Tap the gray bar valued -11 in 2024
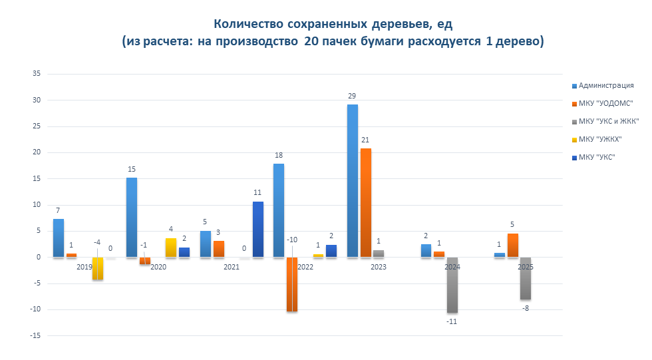pos(452,285)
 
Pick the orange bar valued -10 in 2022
pos(292,284)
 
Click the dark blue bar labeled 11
pos(258,229)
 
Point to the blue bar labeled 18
pos(279,210)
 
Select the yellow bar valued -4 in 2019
pos(98,268)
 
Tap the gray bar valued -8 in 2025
pos(526,278)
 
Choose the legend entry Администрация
pos(605,85)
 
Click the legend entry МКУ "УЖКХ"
pos(605,139)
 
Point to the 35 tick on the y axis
pos(36,75)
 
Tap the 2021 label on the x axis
pos(231,267)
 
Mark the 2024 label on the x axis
pos(452,267)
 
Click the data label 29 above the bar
pos(352,96)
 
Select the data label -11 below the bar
pos(452,322)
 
